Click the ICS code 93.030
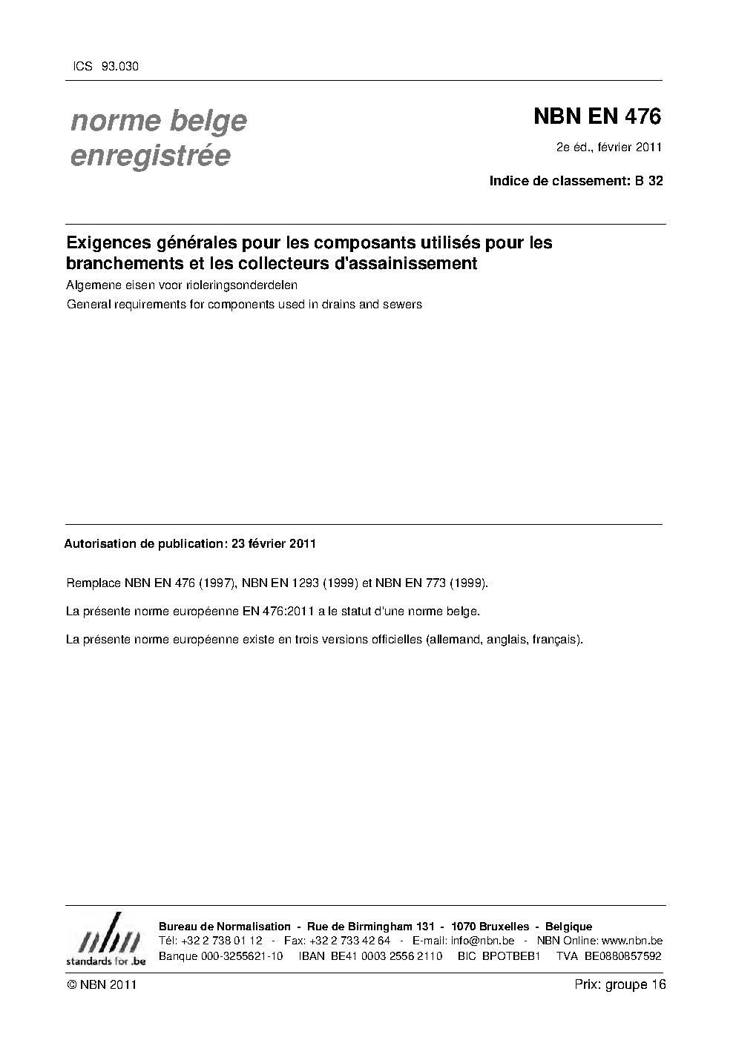119,67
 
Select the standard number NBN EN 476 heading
597,116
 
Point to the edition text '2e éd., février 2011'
608,147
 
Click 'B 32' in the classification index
648,180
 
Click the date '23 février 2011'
274,543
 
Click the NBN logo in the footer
105,941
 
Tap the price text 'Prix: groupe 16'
620,984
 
